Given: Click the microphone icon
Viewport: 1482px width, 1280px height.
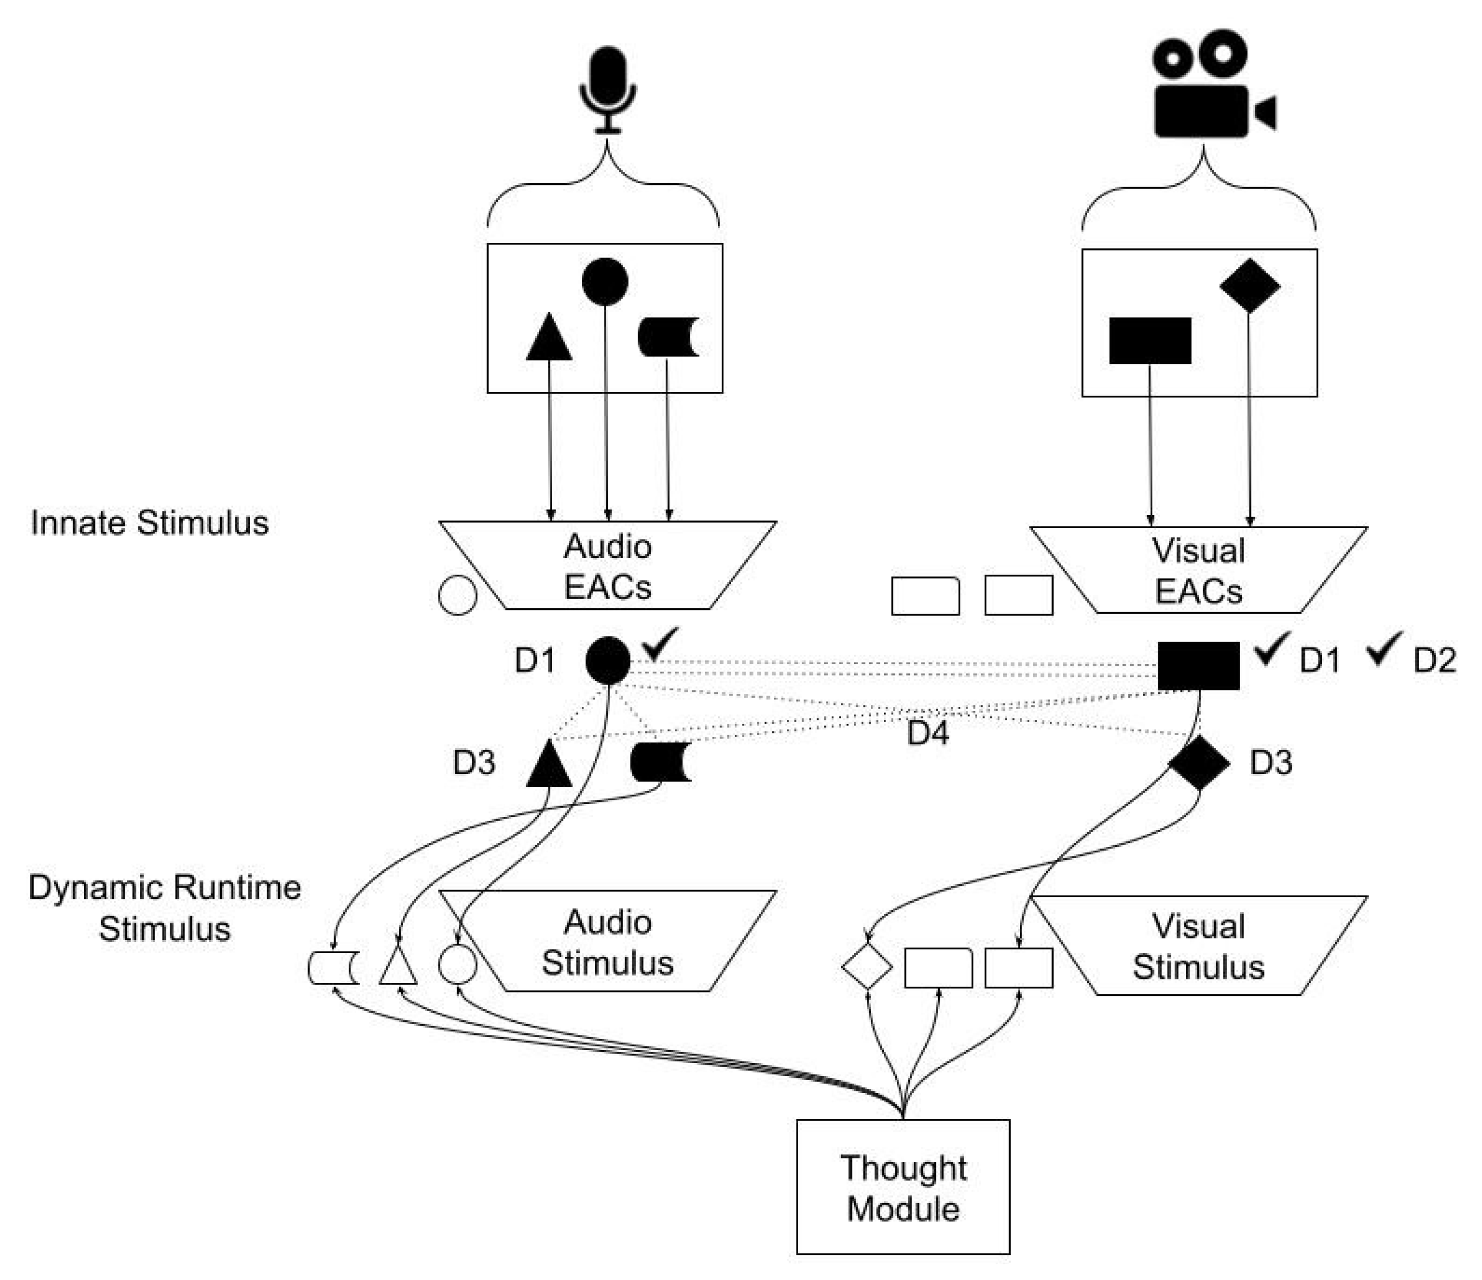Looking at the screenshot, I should click(x=607, y=89).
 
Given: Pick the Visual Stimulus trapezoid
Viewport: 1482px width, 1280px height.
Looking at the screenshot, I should click(x=1199, y=946).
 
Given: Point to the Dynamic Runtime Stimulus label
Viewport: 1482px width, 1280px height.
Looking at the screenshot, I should click(x=164, y=908).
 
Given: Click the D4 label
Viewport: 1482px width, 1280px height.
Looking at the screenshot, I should click(x=928, y=734).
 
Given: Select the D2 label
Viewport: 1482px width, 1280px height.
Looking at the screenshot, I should click(x=1434, y=660).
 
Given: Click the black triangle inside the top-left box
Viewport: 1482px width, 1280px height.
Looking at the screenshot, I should click(x=549, y=339).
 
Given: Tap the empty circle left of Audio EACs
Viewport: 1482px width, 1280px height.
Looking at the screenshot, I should click(x=457, y=595).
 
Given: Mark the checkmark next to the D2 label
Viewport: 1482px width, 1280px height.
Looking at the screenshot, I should click(x=1385, y=649).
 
